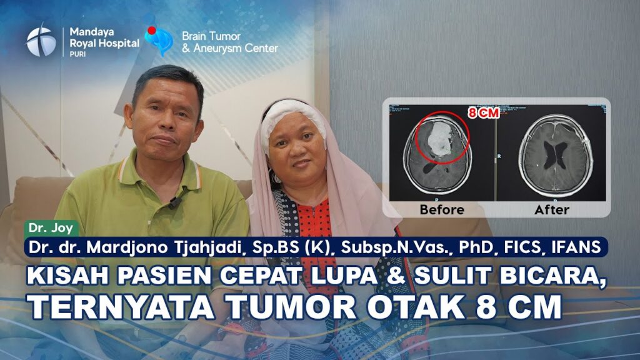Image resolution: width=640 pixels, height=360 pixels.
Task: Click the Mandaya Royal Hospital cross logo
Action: point(41,41)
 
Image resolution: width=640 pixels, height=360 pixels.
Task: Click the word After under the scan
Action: point(551,210)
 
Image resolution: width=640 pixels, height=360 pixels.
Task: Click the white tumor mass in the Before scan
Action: point(437,139)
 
